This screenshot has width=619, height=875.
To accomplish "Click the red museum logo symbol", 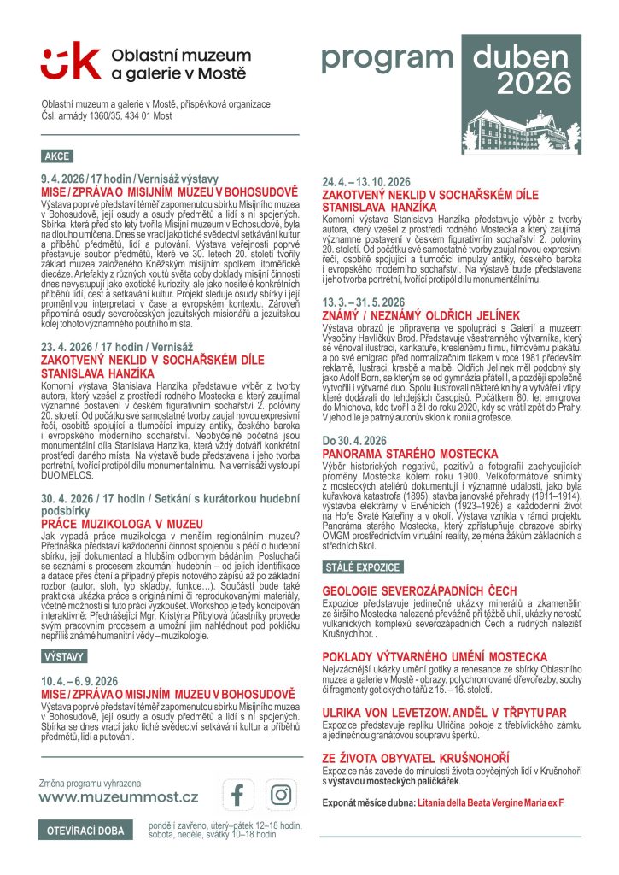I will [68, 62].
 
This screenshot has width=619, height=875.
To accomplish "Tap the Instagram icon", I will [280, 795].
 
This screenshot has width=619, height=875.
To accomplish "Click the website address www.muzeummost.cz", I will [119, 797].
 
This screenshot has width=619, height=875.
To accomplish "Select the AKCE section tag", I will [57, 156].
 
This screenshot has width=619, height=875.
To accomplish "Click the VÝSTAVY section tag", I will [64, 656].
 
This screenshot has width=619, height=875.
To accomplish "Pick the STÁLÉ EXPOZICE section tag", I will [362, 567].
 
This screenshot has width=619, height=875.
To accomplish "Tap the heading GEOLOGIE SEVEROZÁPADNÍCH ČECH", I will [419, 590].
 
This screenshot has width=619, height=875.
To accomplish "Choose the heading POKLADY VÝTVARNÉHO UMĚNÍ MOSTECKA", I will [435, 655].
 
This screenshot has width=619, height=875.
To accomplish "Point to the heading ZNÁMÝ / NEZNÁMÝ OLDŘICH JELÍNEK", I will [421, 316].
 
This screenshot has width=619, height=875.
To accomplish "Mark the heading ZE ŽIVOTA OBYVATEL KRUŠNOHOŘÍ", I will [416, 758].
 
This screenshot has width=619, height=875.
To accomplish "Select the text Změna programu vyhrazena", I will [91, 783].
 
